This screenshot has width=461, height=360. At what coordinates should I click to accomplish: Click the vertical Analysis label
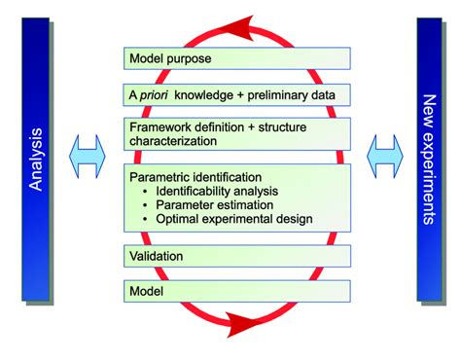click(35, 161)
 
